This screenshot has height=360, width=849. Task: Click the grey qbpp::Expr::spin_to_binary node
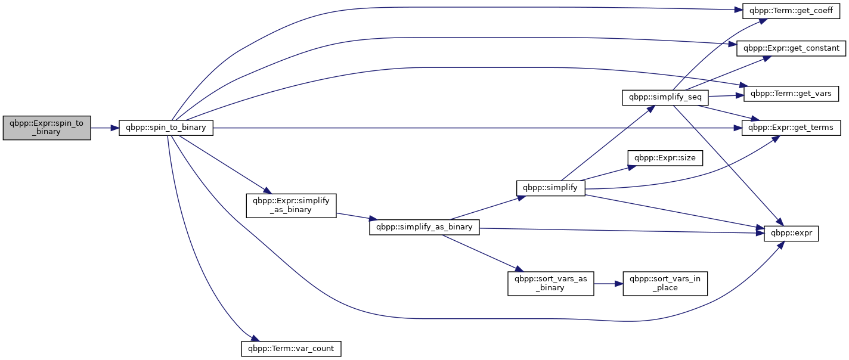point(47,128)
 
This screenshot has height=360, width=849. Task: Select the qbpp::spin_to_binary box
point(166,128)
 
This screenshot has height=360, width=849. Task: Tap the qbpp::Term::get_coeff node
point(791,11)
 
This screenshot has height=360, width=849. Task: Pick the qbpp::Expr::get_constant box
point(791,48)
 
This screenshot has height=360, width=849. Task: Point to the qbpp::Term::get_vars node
point(791,94)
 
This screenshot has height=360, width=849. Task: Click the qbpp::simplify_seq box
point(665,97)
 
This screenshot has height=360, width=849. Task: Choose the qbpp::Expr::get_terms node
point(791,128)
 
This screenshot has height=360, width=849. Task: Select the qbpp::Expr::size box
point(665,158)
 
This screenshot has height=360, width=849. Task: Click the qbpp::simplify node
point(551,188)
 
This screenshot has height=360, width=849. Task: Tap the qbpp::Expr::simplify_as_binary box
point(291,206)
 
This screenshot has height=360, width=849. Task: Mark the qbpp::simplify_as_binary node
point(424,227)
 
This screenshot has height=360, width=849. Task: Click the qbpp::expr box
point(791,234)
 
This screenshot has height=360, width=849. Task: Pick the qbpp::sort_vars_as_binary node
point(551,284)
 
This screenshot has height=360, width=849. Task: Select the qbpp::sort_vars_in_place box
point(665,284)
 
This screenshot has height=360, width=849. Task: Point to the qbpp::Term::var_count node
point(291,349)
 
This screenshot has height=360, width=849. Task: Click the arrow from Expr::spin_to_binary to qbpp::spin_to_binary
point(105,128)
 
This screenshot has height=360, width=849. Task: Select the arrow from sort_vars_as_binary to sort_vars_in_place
point(608,284)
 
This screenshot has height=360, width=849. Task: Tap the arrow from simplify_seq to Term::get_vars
point(726,96)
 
